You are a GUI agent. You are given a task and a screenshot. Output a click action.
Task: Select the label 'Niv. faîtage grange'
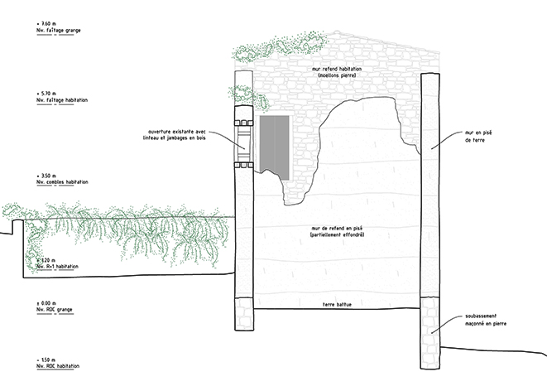coord(59,31)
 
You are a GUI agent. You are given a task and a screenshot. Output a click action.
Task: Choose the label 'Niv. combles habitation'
coord(63,182)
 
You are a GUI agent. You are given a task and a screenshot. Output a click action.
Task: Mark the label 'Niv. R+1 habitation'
coord(58,267)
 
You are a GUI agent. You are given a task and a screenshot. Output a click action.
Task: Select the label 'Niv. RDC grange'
coord(55,310)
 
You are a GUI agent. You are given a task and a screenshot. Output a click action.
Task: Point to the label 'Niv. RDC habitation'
coord(58,366)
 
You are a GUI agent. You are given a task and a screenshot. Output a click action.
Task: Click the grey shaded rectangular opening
coord(274,144)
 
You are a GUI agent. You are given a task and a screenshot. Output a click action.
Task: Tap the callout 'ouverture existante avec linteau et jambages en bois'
coord(186,135)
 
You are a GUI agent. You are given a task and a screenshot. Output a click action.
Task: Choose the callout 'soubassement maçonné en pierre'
coord(484,321)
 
